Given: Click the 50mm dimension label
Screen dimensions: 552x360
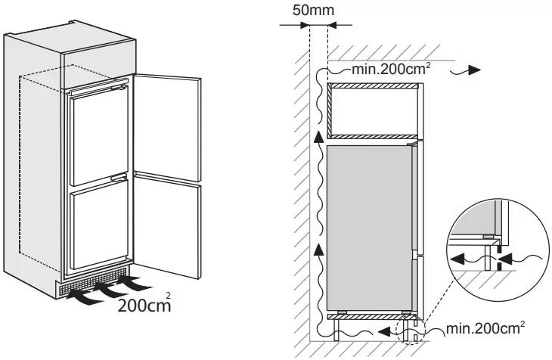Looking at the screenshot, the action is pyautogui.click(x=313, y=10).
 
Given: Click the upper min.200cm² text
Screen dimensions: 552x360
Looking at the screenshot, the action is pyautogui.click(x=391, y=69).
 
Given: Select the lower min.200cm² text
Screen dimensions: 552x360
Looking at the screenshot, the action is pyautogui.click(x=485, y=328).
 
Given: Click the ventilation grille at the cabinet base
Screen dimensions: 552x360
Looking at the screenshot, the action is pyautogui.click(x=93, y=281).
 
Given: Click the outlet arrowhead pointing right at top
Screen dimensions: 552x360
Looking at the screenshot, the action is pyautogui.click(x=475, y=70).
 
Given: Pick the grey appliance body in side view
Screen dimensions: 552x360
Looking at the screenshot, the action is pyautogui.click(x=369, y=228).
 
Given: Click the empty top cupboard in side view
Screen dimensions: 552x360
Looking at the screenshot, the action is pyautogui.click(x=373, y=111).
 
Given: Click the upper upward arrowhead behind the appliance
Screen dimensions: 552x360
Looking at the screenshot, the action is pyautogui.click(x=318, y=138).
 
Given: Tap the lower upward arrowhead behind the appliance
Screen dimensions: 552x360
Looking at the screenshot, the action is pyautogui.click(x=318, y=248).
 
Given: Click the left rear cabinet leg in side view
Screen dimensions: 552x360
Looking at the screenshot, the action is pyautogui.click(x=337, y=330).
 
